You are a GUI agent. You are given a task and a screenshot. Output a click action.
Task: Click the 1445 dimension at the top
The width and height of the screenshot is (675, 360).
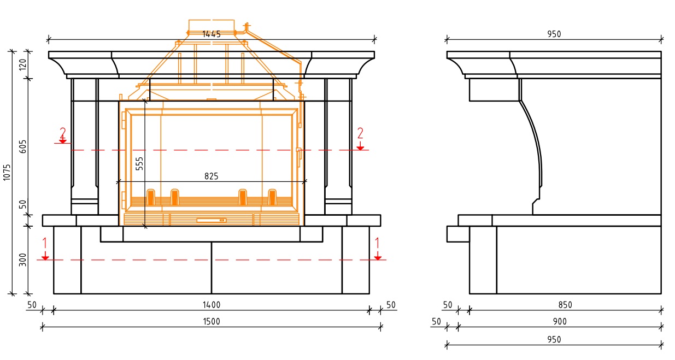[211, 34]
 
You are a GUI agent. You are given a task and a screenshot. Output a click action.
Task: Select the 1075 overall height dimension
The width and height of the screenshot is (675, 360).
[7, 172]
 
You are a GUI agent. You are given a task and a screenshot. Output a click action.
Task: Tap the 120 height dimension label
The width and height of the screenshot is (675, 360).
[22, 64]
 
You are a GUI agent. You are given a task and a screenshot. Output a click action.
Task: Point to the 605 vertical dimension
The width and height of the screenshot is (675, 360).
[22, 146]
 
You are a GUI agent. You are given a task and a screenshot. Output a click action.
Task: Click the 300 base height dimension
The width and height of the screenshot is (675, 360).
[22, 259]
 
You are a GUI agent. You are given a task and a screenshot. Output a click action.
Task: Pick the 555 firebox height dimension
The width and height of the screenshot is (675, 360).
[139, 163]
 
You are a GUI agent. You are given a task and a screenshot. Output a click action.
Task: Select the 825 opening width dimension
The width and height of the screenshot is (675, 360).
[211, 176]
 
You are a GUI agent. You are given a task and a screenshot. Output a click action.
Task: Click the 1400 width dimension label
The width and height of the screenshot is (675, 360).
[211, 305]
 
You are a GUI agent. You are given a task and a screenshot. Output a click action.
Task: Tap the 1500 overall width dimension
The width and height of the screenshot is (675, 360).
[211, 321]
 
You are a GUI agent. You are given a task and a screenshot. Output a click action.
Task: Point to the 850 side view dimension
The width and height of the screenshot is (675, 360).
[565, 305]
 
